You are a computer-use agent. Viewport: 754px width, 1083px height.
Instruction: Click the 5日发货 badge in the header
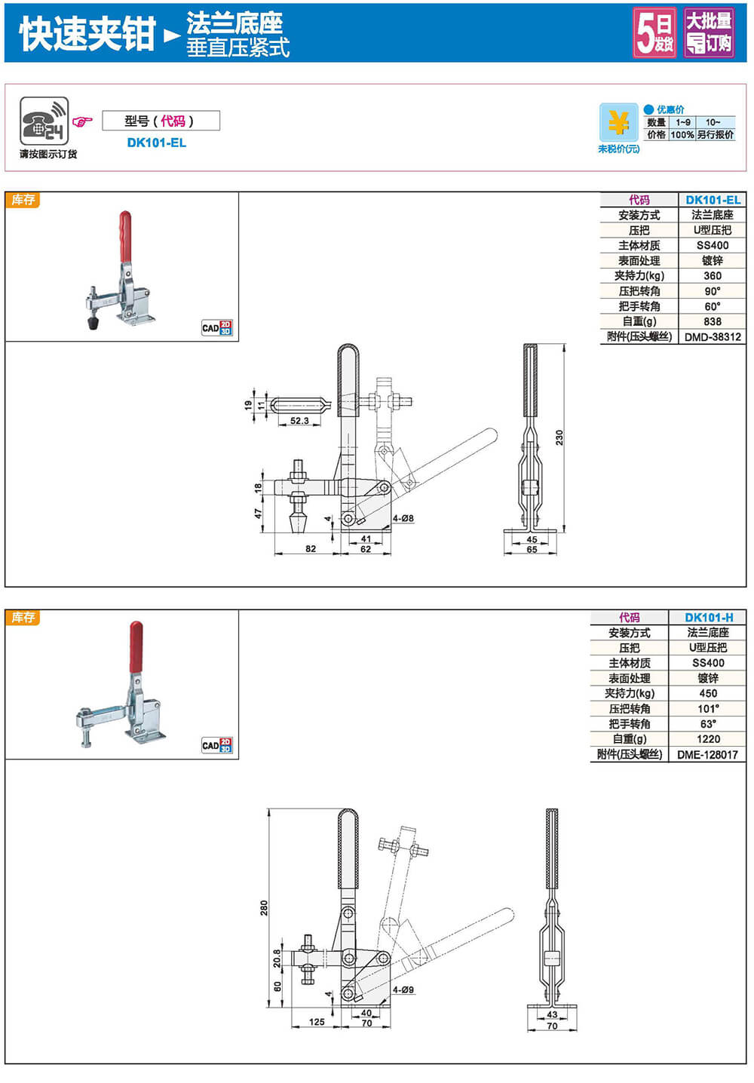(654, 32)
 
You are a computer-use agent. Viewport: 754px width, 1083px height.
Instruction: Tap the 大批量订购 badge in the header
(709, 32)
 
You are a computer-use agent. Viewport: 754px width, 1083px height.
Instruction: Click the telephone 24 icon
(44, 121)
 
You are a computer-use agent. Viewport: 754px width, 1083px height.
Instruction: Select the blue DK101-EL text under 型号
(156, 143)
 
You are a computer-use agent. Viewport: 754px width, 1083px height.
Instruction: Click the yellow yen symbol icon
(619, 122)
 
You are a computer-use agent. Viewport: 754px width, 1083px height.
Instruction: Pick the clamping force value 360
(712, 276)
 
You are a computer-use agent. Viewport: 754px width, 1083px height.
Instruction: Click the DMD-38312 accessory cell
(713, 337)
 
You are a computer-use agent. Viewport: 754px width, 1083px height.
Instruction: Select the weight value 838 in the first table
(712, 321)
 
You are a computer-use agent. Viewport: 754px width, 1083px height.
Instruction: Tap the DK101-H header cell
(708, 618)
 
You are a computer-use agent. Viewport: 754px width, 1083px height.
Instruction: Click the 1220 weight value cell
(708, 739)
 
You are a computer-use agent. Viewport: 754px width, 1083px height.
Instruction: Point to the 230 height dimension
(559, 437)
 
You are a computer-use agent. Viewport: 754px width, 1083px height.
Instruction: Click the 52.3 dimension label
(299, 421)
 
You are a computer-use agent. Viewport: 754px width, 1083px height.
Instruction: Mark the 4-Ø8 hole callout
(403, 518)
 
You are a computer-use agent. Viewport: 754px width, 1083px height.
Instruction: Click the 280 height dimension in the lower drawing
(264, 907)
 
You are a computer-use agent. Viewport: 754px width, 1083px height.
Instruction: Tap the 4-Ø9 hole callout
(403, 989)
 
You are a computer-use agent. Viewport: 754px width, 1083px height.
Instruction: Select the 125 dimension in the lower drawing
(317, 1022)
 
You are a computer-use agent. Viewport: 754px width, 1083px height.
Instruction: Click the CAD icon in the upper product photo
(216, 327)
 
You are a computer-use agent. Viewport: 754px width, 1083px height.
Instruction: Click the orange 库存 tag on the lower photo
(23, 618)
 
